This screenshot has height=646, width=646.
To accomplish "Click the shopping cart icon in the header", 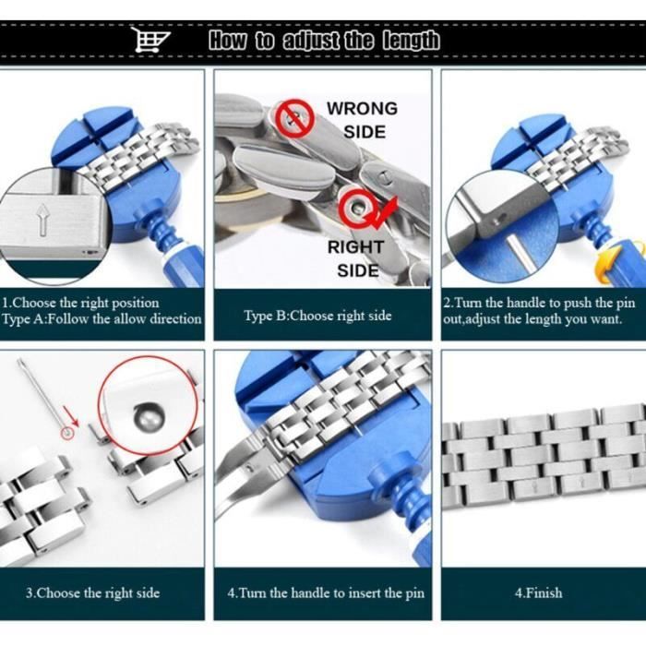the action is point(150,40).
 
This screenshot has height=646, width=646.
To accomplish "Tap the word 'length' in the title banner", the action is point(411,41).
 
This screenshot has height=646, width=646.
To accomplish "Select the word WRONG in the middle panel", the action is point(362,108).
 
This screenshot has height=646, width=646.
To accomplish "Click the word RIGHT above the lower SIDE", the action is point(356,246).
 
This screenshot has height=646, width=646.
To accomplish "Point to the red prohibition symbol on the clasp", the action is point(294,119).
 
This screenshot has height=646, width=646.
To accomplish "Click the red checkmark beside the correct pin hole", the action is point(385,213).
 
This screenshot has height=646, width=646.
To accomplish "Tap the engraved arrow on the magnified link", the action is point(42,221).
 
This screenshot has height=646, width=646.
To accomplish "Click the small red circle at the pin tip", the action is point(67,434).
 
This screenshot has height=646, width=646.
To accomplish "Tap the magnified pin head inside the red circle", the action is point(149,416).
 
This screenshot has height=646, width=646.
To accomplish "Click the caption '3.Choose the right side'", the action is point(92,592).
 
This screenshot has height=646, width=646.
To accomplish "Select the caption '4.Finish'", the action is point(538,592).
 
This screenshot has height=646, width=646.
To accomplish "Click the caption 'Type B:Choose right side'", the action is point(317,316).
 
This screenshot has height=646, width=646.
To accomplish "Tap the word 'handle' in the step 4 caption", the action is point(311,592).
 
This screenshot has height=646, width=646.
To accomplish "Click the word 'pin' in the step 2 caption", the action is point(626,303).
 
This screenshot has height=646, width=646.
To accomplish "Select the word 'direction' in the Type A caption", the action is point(176,319).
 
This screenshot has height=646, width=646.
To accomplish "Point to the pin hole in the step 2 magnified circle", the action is point(496,221).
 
